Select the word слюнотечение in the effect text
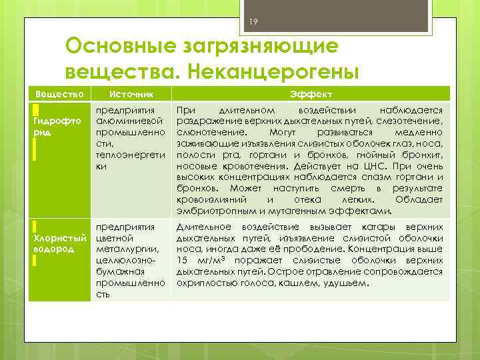[203, 132]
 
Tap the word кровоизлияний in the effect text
[212, 200]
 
